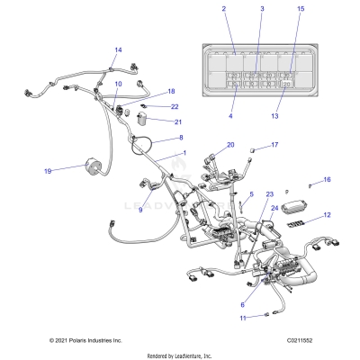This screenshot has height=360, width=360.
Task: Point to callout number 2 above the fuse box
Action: (x=224, y=8)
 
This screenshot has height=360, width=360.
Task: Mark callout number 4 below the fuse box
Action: (x=231, y=116)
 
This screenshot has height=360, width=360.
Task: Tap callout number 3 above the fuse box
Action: (x=262, y=8)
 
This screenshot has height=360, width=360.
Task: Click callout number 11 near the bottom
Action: (x=242, y=319)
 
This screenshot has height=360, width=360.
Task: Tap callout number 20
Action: (x=230, y=145)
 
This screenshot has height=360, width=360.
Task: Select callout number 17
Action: (x=274, y=144)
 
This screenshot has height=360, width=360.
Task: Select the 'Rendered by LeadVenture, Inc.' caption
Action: (x=180, y=355)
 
